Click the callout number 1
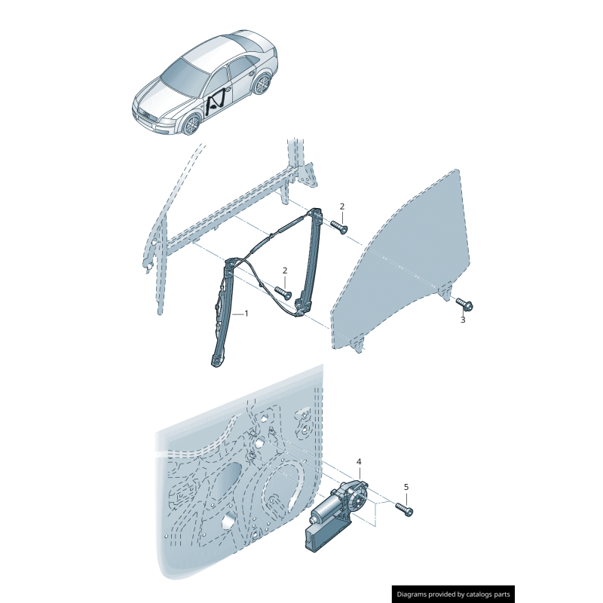pyautogui.click(x=246, y=314)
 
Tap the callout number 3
pyautogui.click(x=463, y=320)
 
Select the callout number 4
pyautogui.click(x=359, y=461)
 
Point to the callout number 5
pyautogui.click(x=406, y=487)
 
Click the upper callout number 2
pyautogui.click(x=342, y=207)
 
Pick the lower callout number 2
pyautogui.click(x=285, y=271)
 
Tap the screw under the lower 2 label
pyautogui.click(x=283, y=292)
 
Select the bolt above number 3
pyautogui.click(x=464, y=305)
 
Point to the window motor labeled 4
pyautogui.click(x=335, y=511)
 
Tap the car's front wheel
pyautogui.click(x=191, y=124)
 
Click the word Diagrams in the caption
pyautogui.click(x=412, y=594)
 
